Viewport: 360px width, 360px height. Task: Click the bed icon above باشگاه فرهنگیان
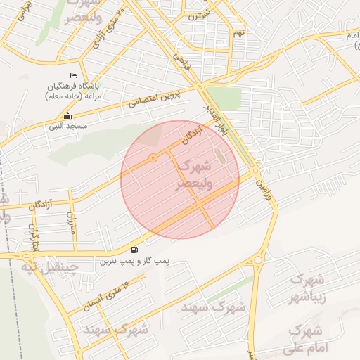[73, 75]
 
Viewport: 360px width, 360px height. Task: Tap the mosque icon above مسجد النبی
[67, 116]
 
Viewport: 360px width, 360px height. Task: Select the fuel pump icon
[134, 250]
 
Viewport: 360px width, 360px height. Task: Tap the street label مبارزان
[70, 224]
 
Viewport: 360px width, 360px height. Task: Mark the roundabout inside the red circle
[153, 157]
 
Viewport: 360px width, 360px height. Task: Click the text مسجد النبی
[67, 127]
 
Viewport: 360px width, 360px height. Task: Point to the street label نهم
[239, 32]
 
